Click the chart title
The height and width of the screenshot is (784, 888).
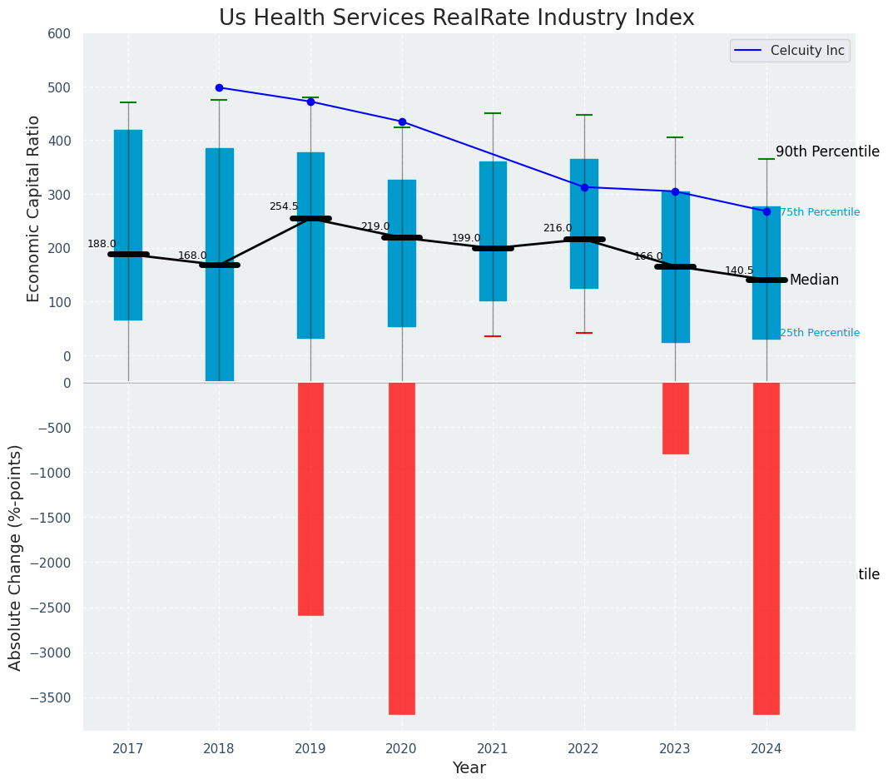tap(456, 18)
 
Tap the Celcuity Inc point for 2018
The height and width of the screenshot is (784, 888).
tap(219, 87)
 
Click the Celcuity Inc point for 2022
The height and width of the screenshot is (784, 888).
tap(584, 187)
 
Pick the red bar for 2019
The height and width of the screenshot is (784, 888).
tap(310, 499)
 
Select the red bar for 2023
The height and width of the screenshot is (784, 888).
tap(675, 418)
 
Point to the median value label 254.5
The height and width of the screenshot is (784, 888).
tap(284, 206)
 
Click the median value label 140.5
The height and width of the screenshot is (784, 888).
tap(739, 270)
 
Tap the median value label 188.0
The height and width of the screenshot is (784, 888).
tap(102, 244)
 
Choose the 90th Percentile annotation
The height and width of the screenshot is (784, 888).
tap(827, 151)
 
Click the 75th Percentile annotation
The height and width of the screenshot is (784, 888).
tap(820, 212)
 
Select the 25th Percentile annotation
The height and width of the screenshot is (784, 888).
tap(820, 333)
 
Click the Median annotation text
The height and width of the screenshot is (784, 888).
tap(814, 280)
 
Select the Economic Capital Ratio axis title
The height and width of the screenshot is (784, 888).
tap(34, 208)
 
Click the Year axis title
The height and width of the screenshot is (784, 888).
tap(469, 768)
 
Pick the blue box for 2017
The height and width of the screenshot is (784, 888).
tap(128, 225)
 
